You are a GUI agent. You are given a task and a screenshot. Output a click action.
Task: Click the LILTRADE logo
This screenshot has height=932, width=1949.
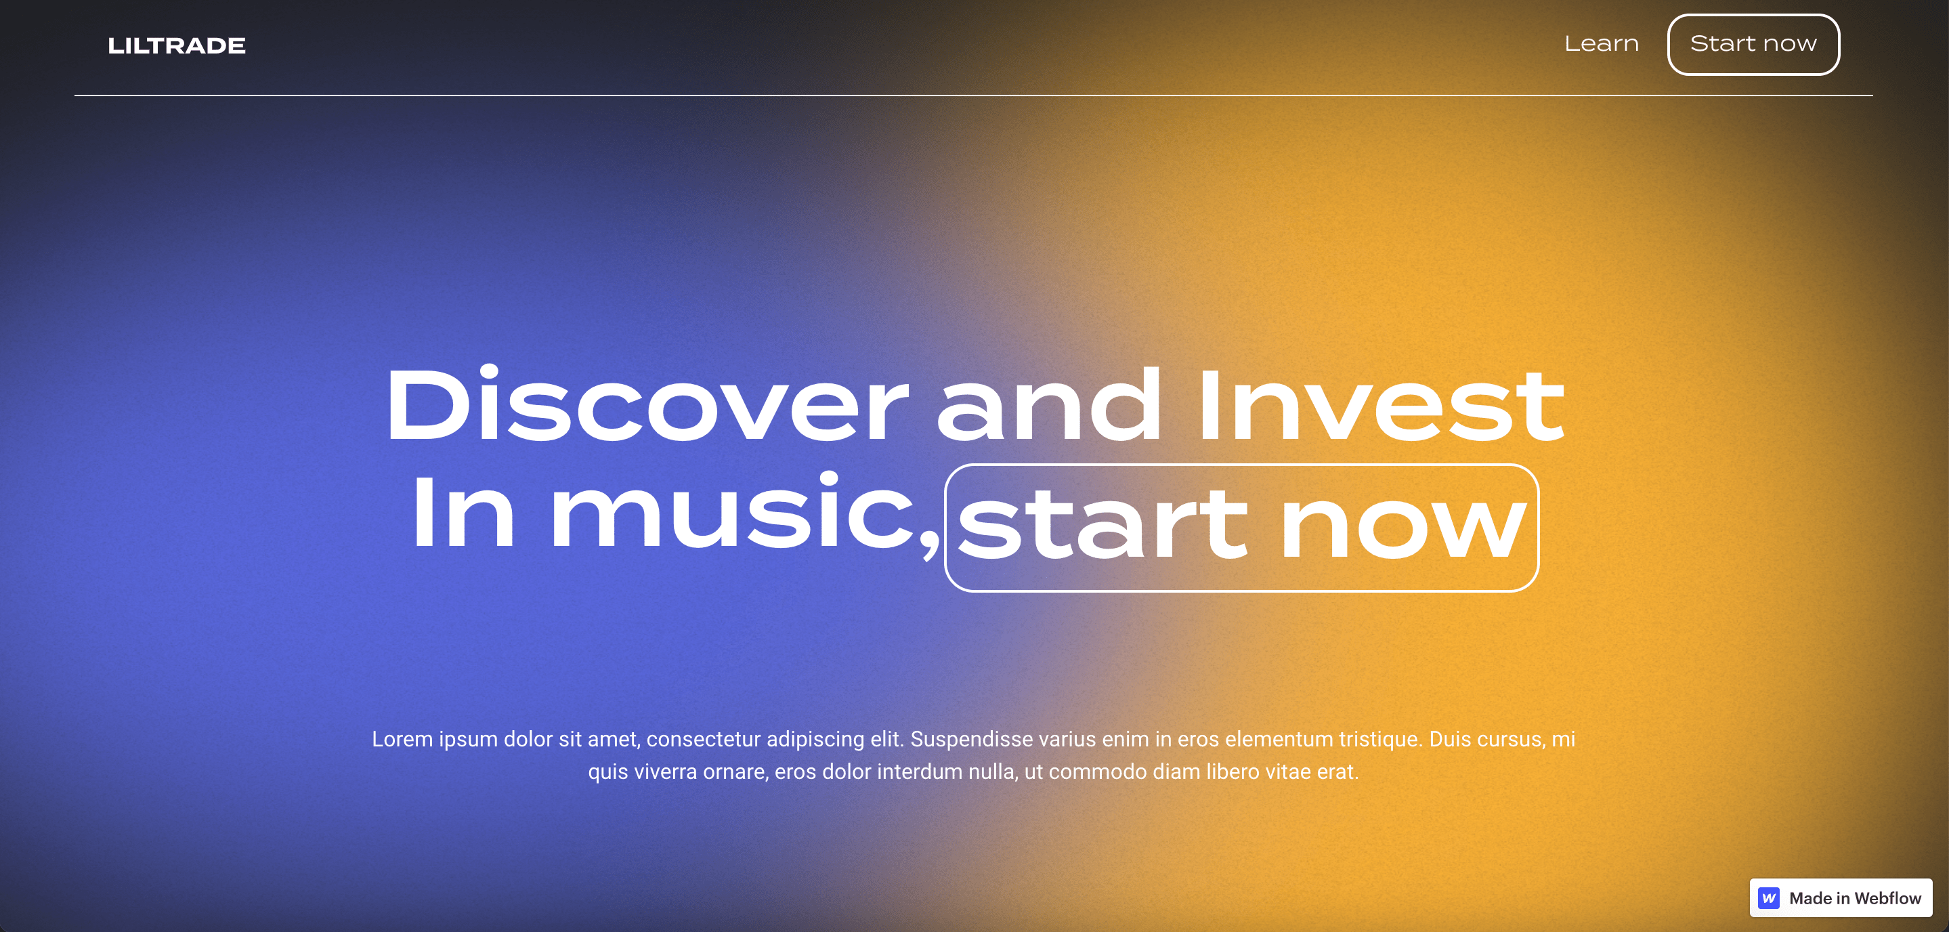pyautogui.click(x=176, y=45)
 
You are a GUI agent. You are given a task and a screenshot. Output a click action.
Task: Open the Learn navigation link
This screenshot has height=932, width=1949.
pyautogui.click(x=1602, y=44)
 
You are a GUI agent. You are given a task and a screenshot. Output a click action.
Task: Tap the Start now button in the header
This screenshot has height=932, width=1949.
pyautogui.click(x=1754, y=45)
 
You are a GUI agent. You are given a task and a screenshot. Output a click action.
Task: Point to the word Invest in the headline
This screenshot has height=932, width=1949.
pyautogui.click(x=1381, y=406)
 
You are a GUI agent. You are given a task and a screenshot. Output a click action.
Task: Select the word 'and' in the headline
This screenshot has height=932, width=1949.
pyautogui.click(x=1048, y=406)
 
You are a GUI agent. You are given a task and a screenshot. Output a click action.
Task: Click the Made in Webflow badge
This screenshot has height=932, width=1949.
pyautogui.click(x=1841, y=898)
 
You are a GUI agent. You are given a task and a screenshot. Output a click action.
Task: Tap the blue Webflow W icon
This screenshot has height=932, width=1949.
pyautogui.click(x=1769, y=898)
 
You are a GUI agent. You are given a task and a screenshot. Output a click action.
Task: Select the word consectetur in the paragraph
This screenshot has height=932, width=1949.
pyautogui.click(x=703, y=739)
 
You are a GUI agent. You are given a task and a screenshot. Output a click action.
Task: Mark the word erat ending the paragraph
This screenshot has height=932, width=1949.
pyautogui.click(x=1337, y=771)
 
